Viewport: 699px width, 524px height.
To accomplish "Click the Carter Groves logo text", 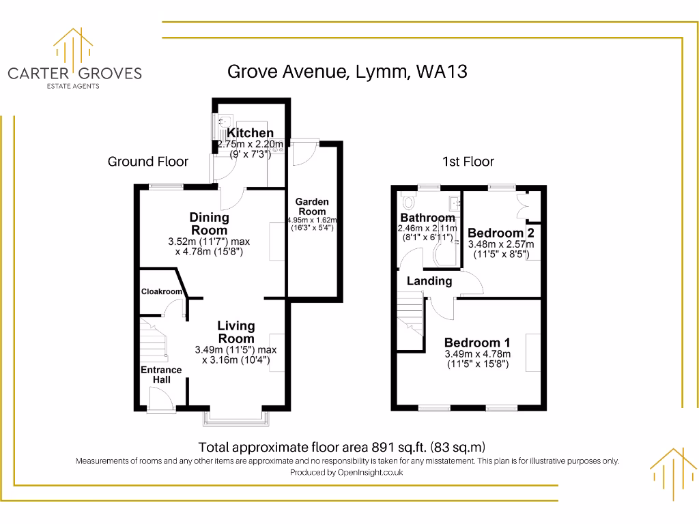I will click(x=74, y=73).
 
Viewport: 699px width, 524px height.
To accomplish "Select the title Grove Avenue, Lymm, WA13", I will click(x=347, y=72).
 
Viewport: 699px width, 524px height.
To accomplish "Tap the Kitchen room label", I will click(x=250, y=133).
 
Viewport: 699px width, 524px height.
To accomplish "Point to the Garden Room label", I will click(x=312, y=206).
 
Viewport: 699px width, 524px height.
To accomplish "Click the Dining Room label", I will click(x=209, y=224).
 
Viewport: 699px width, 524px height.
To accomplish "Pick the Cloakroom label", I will click(x=162, y=291).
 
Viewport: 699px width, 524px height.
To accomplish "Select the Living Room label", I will click(x=236, y=332).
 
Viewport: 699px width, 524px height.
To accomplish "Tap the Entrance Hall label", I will click(x=161, y=375).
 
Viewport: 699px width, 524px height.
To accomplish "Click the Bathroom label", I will click(x=427, y=218).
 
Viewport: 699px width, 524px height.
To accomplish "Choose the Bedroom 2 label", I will click(x=500, y=233).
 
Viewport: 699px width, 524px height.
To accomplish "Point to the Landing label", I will click(x=429, y=281).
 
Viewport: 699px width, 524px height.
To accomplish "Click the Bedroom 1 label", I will click(x=477, y=343).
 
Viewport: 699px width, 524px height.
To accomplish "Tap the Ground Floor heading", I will click(x=147, y=162).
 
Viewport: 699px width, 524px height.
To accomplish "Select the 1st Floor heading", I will click(x=468, y=162).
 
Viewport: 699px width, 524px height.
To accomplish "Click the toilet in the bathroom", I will click(x=409, y=203).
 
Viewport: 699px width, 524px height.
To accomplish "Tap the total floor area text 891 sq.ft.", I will click(x=341, y=448).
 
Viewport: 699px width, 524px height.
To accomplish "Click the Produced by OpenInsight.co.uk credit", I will click(x=346, y=472).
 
